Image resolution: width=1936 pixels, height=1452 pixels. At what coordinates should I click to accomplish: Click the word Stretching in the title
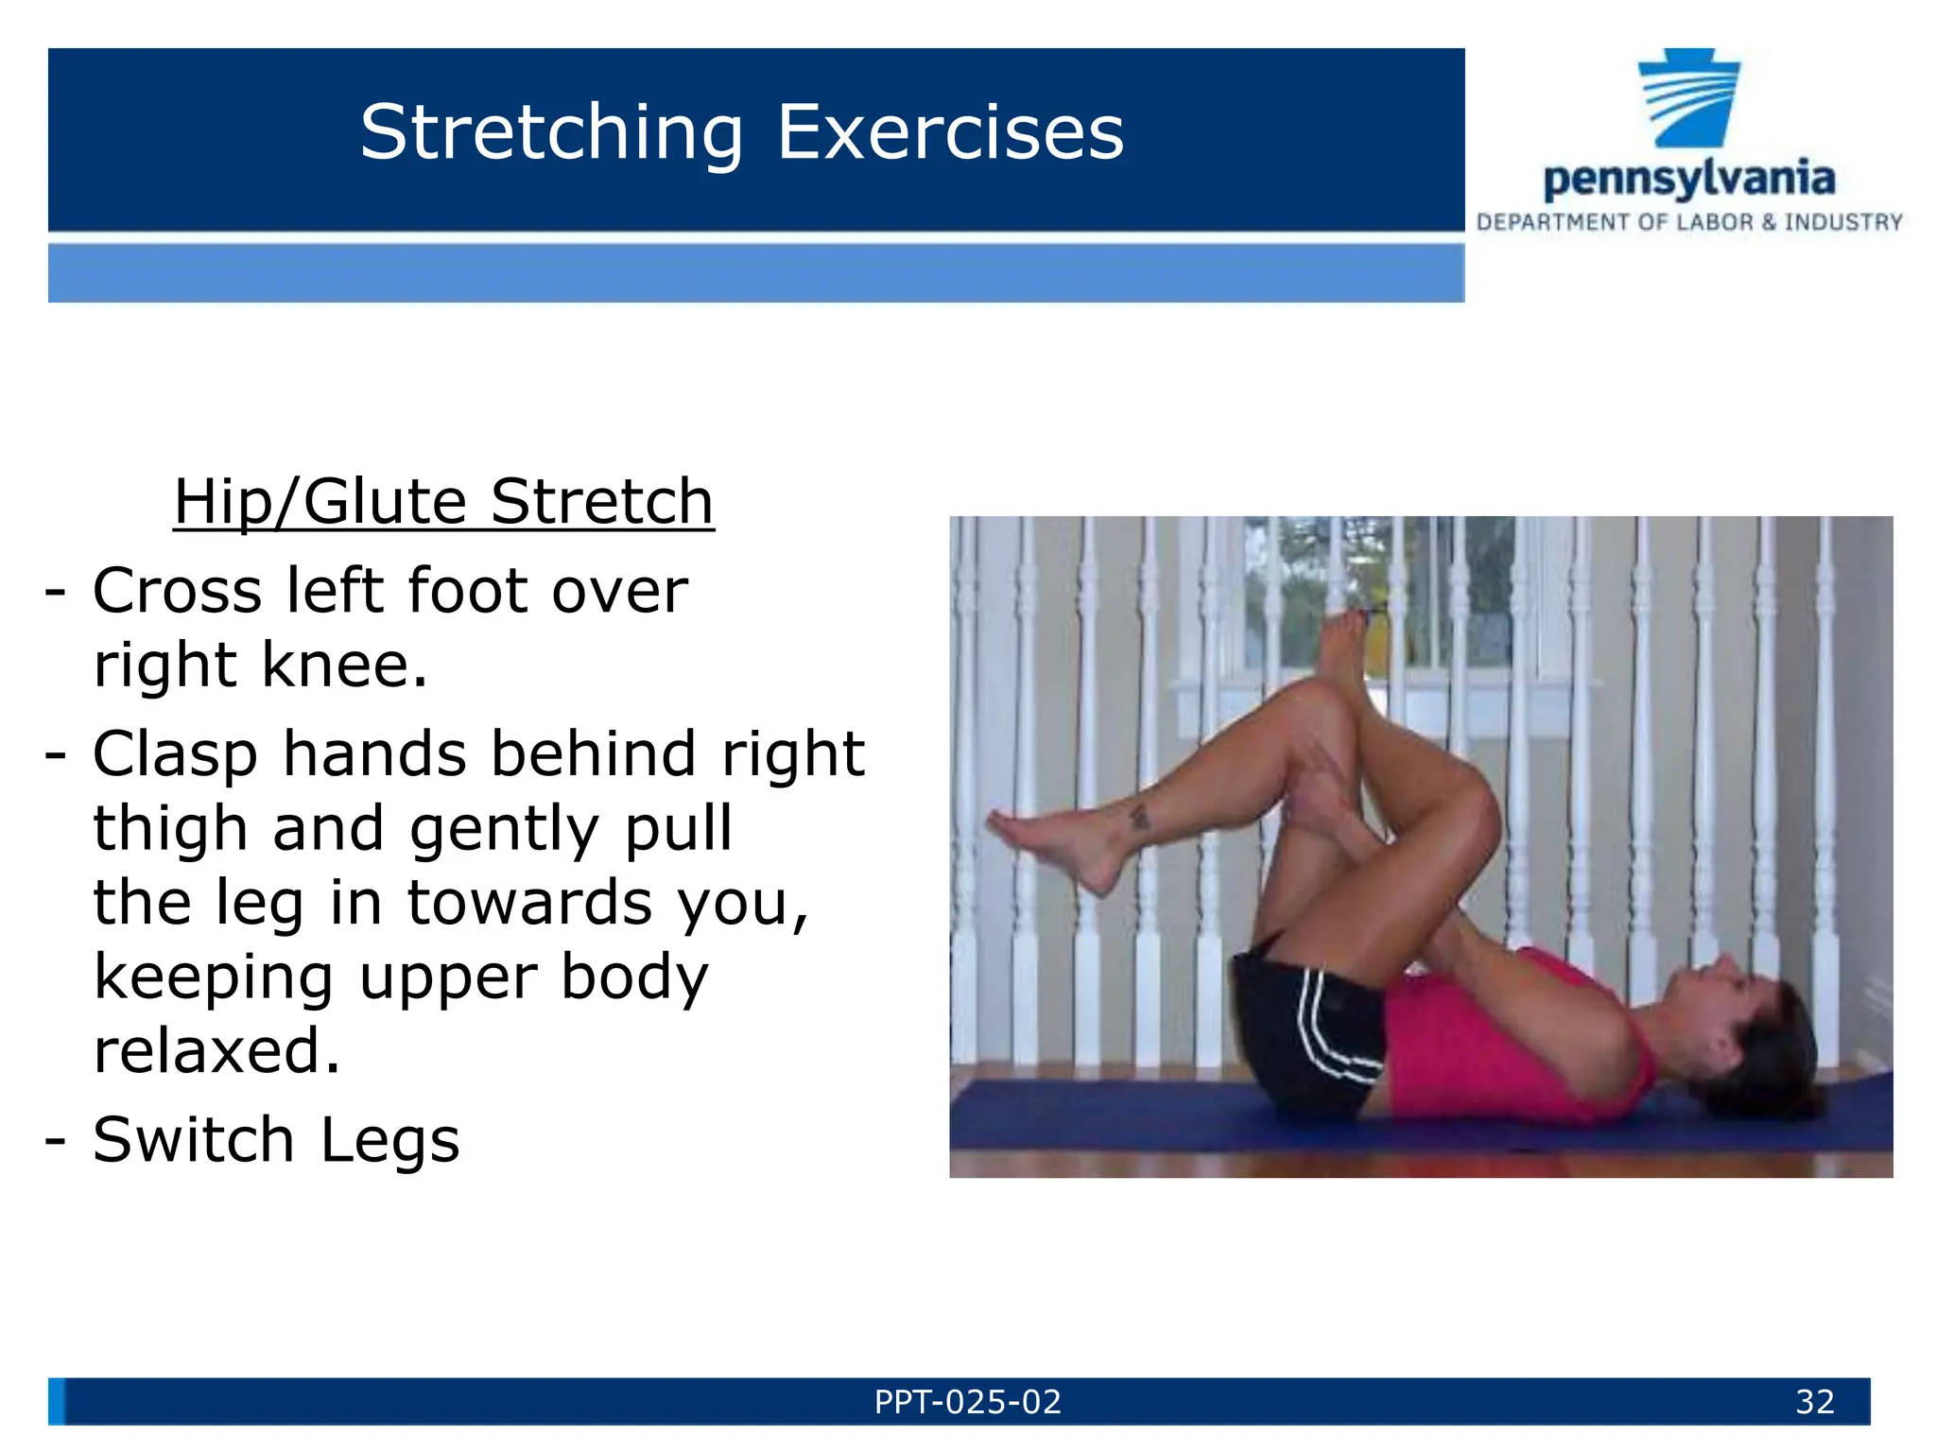(551, 133)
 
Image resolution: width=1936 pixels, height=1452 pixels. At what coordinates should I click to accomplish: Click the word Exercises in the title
(950, 133)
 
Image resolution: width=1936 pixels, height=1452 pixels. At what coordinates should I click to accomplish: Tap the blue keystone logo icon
(1689, 98)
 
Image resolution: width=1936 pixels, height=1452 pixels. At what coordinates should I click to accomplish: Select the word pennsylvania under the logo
(1688, 179)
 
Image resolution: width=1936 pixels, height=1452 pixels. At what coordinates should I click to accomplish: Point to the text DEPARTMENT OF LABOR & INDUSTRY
(1689, 223)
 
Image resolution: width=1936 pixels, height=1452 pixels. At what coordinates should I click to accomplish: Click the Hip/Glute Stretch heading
(443, 501)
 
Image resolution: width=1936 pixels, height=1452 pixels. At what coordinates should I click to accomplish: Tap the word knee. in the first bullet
(344, 665)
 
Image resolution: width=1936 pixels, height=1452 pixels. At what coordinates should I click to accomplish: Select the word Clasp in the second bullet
(176, 754)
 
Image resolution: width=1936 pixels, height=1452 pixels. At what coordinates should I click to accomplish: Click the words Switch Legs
(276, 1139)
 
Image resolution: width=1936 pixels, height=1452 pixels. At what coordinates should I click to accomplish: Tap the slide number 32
(1814, 1402)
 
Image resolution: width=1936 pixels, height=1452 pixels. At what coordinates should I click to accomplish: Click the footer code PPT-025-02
(968, 1402)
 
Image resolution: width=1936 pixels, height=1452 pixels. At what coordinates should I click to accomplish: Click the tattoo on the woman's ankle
(1140, 816)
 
